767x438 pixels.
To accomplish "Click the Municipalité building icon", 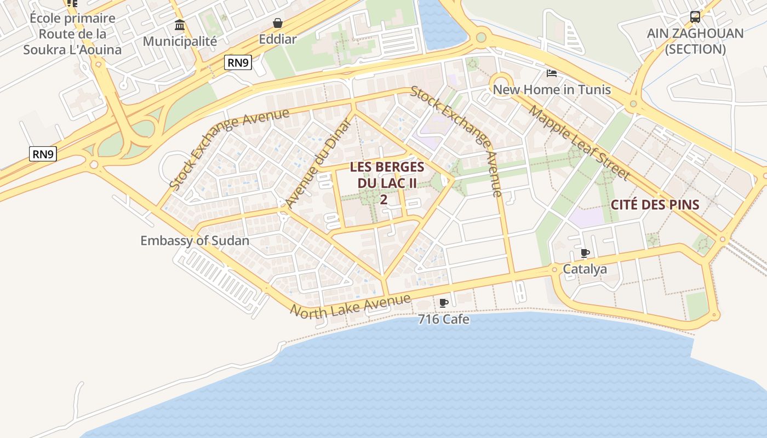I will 180,25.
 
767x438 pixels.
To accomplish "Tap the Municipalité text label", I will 180,41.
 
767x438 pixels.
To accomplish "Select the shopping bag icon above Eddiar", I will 278,23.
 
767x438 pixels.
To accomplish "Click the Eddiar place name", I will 278,39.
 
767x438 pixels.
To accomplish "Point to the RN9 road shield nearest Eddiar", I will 238,63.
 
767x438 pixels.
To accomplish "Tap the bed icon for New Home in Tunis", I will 552,73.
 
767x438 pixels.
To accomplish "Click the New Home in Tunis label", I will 552,90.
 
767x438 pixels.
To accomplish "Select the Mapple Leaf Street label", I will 580,143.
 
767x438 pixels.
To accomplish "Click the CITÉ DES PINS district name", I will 655,205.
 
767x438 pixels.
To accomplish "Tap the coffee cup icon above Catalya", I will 585,253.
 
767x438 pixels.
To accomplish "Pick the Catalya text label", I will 585,269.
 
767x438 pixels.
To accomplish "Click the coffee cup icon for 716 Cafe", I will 444,303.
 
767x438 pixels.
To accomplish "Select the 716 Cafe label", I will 444,319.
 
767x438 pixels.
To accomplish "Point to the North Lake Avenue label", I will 350,306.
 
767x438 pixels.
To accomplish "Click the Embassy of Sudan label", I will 194,241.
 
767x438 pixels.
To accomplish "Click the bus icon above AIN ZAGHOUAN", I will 695,17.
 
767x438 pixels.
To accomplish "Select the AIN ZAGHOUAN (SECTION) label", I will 695,41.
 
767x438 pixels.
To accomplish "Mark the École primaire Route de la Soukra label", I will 72,34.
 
